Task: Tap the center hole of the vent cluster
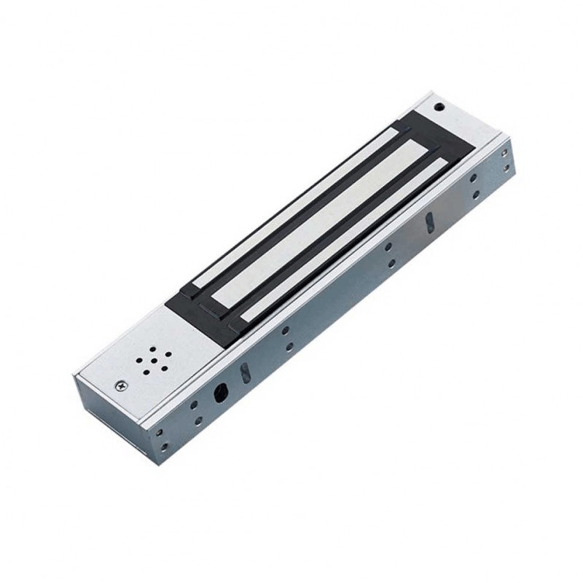(154, 361)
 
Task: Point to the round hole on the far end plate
(439, 106)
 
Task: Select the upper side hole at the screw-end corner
(158, 432)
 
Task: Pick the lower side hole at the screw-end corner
(163, 447)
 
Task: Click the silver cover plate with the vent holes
(146, 357)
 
